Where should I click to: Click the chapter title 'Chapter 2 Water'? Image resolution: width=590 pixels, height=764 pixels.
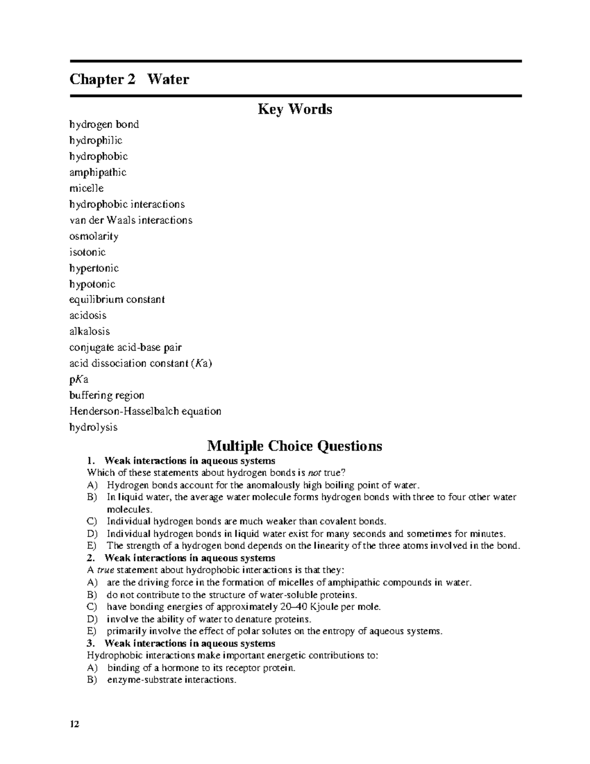tap(129, 79)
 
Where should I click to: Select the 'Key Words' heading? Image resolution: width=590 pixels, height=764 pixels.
tap(295, 109)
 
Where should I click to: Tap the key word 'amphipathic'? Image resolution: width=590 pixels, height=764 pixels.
tap(98, 172)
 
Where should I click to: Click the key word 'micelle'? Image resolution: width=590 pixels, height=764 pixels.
tap(87, 188)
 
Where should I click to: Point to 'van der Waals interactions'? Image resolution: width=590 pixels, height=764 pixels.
tap(131, 220)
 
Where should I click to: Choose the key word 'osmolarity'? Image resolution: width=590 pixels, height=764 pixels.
tap(94, 236)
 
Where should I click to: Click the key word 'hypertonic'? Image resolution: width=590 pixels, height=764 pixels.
tap(94, 268)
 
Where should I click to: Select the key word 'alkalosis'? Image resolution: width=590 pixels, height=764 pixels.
tap(89, 331)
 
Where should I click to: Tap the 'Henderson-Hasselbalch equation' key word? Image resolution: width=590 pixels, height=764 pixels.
tap(146, 411)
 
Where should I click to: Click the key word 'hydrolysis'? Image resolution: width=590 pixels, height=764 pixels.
tap(93, 427)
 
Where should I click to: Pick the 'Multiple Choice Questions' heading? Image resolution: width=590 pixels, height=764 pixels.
tap(295, 446)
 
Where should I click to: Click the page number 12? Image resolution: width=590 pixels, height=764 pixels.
tap(74, 724)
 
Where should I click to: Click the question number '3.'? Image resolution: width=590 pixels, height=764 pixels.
tap(90, 643)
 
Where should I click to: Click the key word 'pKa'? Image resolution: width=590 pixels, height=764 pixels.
tap(79, 379)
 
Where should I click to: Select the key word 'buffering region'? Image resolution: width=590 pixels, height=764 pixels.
tap(107, 395)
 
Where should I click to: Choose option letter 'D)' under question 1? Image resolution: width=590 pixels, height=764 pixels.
tap(92, 534)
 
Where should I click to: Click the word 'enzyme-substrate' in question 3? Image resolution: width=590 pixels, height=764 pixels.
tap(139, 680)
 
